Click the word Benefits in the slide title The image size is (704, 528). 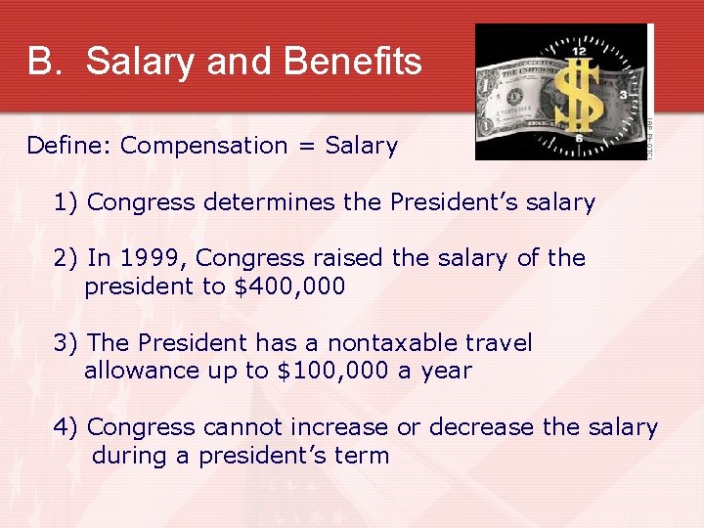[x=352, y=62]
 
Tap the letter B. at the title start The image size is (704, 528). [x=44, y=62]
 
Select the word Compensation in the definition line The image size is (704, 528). [x=204, y=147]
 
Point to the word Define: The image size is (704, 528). [x=68, y=146]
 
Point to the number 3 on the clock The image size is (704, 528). [x=623, y=95]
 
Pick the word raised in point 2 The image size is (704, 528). [x=349, y=258]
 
